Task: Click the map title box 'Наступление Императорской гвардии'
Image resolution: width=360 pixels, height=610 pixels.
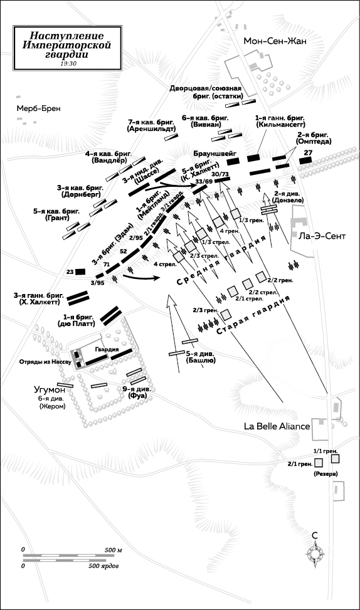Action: (x=68, y=48)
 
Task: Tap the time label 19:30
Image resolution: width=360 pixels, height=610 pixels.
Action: (x=68, y=63)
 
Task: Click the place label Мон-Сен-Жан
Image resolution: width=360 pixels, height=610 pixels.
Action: (x=275, y=41)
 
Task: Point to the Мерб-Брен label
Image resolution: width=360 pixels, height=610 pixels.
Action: (x=38, y=108)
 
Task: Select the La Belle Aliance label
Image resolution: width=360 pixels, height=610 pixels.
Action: (x=277, y=426)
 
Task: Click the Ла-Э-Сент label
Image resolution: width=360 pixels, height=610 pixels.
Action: (x=322, y=236)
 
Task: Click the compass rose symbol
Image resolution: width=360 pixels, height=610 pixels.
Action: (x=315, y=552)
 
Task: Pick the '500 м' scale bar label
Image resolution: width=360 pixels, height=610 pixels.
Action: (x=114, y=550)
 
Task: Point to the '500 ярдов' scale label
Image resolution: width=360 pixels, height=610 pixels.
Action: (x=103, y=565)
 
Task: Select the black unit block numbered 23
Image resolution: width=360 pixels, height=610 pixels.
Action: (x=80, y=271)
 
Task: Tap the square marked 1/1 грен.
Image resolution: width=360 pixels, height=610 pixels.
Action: (x=335, y=459)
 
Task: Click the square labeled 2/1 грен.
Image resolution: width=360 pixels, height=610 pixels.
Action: (x=319, y=463)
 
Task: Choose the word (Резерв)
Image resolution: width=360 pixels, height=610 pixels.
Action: (x=326, y=474)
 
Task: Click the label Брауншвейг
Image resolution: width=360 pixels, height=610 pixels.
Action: (x=212, y=153)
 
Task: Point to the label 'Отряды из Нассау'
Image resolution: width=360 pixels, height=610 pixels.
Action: (x=45, y=362)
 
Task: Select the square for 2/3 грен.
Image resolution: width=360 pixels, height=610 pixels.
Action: (x=226, y=313)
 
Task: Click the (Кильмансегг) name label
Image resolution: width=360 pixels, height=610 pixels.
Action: (x=281, y=125)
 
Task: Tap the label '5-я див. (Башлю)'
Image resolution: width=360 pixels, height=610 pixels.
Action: (x=201, y=357)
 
